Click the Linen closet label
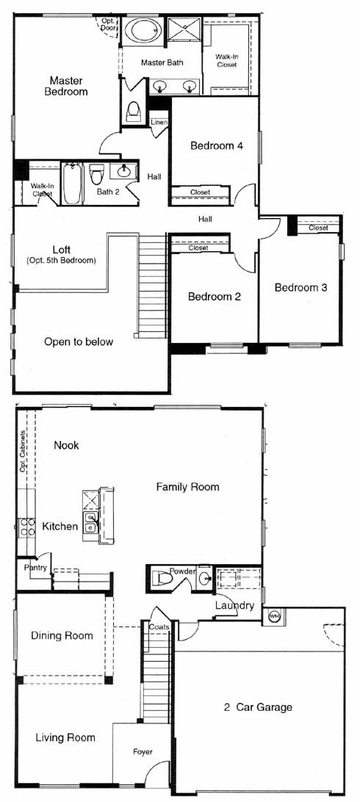[159, 122]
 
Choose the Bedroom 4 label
[216, 145]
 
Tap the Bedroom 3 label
[300, 287]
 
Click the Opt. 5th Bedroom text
[61, 260]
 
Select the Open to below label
[78, 342]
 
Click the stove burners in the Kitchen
[27, 527]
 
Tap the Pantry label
[36, 567]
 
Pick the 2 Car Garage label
[258, 707]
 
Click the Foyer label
[143, 751]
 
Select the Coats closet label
[159, 626]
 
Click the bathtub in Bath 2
[71, 183]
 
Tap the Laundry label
[234, 606]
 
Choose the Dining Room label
[62, 636]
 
